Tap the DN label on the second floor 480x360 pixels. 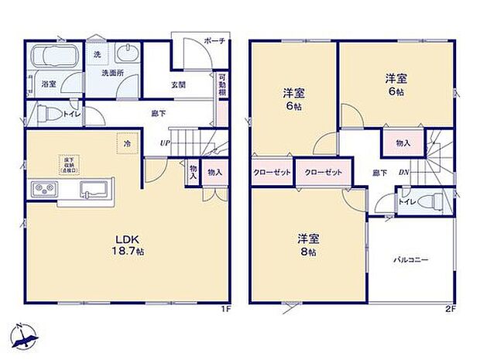point(403,173)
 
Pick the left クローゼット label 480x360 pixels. point(271,173)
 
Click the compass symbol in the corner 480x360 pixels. point(23,335)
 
